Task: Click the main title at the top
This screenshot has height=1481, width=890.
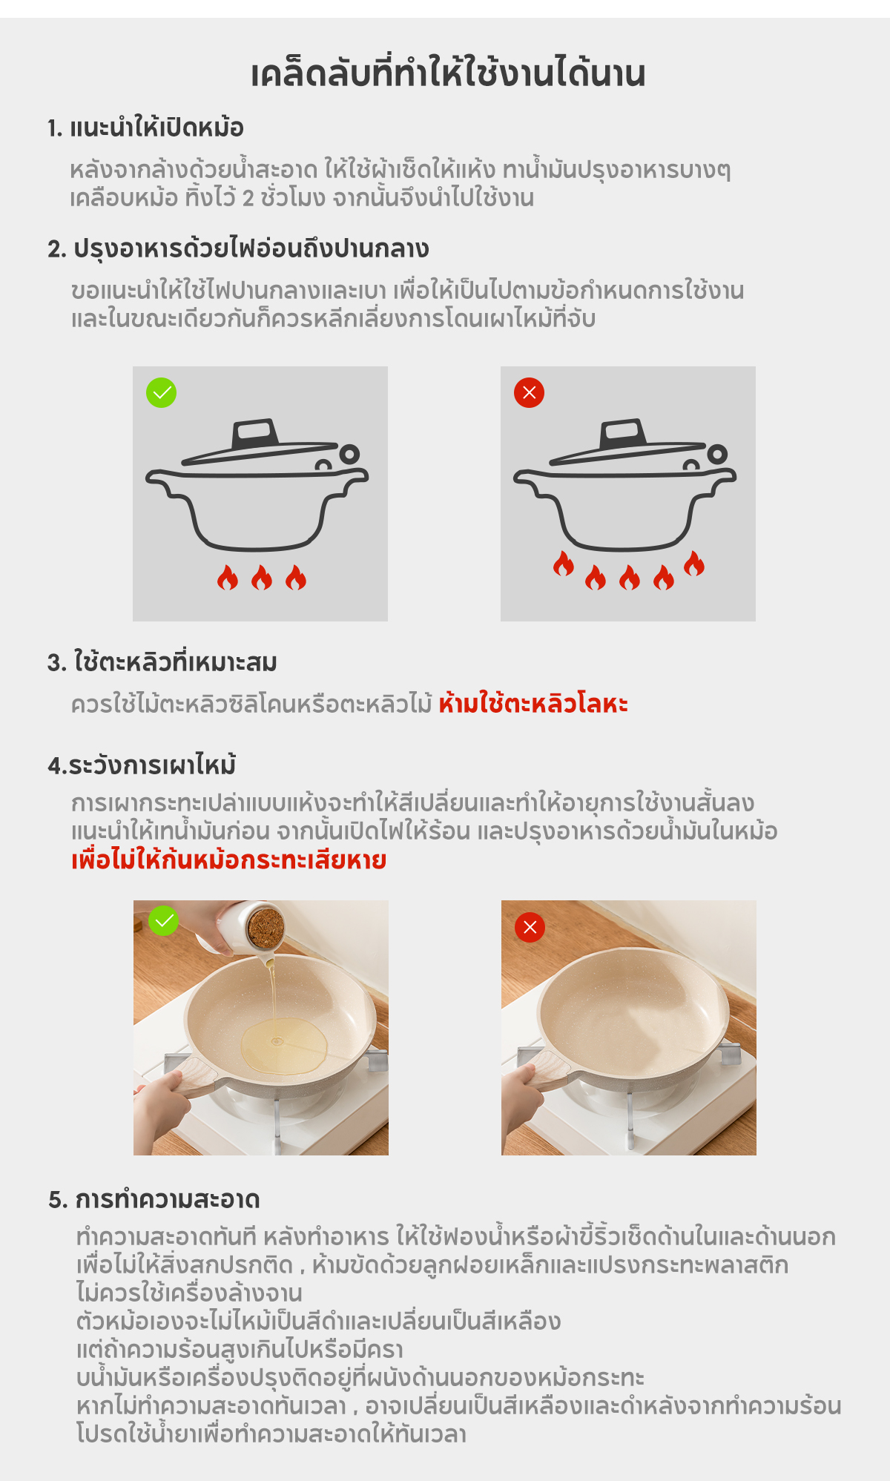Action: click(448, 73)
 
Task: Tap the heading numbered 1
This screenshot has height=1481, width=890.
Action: click(145, 128)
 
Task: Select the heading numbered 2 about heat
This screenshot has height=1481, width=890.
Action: click(238, 249)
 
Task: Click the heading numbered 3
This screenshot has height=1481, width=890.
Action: click(162, 662)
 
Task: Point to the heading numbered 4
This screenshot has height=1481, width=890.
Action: click(142, 764)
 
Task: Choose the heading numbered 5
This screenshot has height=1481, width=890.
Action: click(154, 1199)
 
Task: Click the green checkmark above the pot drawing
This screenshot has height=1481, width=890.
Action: click(161, 392)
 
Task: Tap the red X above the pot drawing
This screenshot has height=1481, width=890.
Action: click(529, 392)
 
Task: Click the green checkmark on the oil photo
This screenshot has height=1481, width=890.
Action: click(163, 920)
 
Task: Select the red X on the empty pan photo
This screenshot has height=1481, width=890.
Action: click(530, 927)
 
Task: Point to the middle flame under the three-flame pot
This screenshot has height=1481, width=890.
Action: click(262, 577)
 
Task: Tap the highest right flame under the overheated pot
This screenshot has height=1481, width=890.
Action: click(694, 564)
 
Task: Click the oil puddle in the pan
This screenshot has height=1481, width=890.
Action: click(284, 1046)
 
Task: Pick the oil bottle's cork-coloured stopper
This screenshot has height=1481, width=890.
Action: click(266, 926)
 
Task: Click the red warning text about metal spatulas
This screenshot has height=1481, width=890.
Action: click(533, 703)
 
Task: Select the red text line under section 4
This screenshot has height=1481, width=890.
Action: click(228, 860)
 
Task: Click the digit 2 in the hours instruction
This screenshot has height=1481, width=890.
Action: click(248, 199)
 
